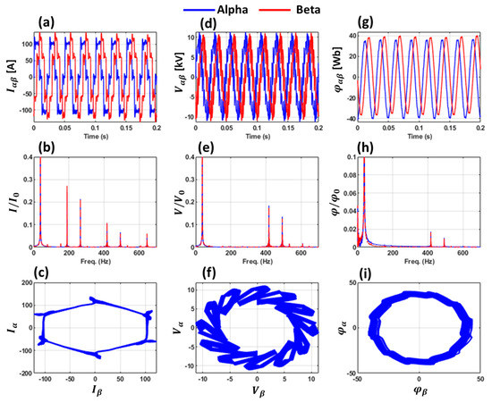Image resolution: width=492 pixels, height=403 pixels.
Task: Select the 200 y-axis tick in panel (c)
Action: point(19,282)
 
